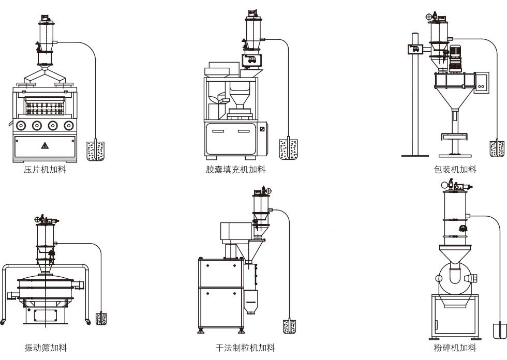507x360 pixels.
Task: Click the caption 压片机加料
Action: (x=45, y=170)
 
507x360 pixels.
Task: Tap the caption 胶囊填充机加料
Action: (x=235, y=170)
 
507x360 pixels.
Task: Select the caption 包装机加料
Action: (x=455, y=170)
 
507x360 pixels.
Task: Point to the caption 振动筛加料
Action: (x=46, y=348)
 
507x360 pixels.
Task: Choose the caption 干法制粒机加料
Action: (x=245, y=348)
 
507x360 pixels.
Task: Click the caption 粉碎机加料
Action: (x=455, y=348)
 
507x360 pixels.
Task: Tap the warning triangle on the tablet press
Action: (x=44, y=146)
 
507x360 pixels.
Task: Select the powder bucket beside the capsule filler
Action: (x=288, y=149)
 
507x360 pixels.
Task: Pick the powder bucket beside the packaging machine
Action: (x=497, y=149)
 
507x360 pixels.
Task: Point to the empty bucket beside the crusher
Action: (x=500, y=331)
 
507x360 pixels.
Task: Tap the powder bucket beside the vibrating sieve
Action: (x=101, y=319)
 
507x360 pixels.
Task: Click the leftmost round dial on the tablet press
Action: (x=21, y=125)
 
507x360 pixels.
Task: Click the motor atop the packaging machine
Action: (x=455, y=57)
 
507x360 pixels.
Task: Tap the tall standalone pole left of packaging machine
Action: (x=414, y=103)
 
